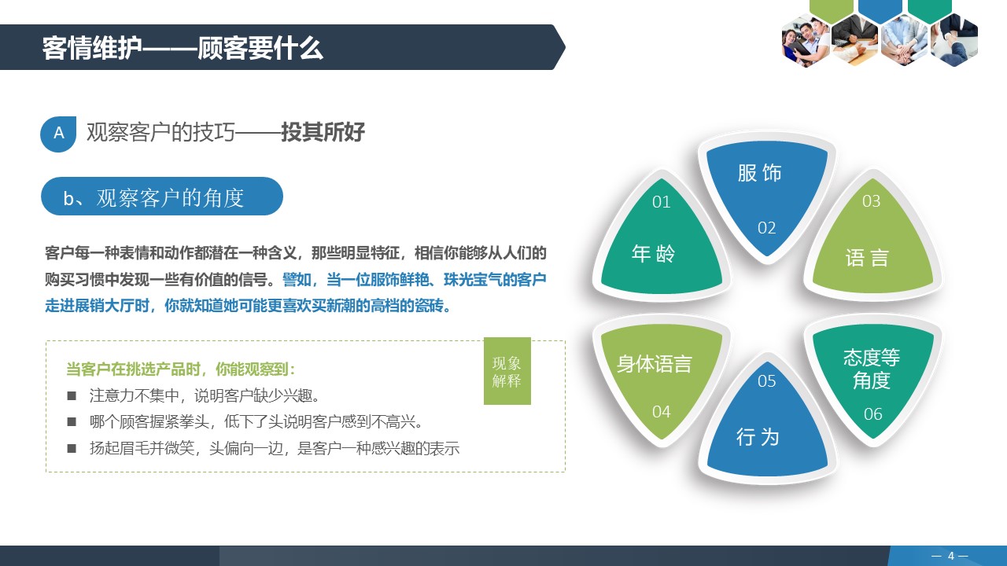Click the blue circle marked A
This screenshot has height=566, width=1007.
[58, 134]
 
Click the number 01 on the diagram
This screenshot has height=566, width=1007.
[662, 202]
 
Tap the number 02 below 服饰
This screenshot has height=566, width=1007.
[767, 228]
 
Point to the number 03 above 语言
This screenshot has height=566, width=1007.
[871, 201]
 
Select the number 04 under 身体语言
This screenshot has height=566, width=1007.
[662, 411]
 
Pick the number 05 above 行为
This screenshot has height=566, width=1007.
[767, 381]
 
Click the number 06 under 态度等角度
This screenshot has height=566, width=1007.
[873, 414]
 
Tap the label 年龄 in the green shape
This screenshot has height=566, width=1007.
[654, 253]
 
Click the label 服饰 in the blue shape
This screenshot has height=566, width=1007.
[760, 173]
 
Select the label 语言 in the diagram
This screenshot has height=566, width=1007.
[867, 258]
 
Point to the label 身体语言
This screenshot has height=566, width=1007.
[655, 364]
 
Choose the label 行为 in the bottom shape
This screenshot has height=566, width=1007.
[758, 437]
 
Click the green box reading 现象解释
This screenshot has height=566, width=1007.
[507, 371]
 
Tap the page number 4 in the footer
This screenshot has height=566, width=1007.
[950, 556]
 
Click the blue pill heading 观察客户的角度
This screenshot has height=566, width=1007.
[161, 197]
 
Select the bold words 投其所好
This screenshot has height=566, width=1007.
[323, 132]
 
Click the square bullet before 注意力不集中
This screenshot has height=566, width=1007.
[72, 395]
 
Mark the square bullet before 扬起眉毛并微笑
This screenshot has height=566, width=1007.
[72, 449]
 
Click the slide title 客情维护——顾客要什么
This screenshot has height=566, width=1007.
[183, 48]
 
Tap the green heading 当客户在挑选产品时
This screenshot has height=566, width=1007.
[180, 369]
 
